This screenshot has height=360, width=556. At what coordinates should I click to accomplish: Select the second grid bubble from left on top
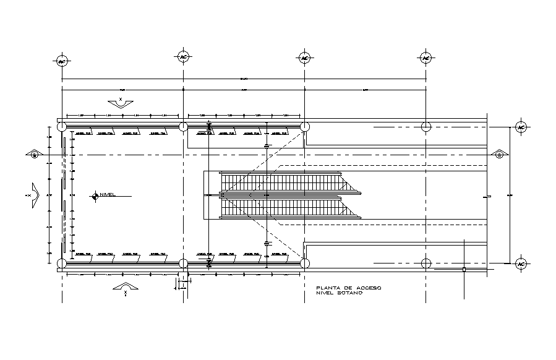tap(183, 58)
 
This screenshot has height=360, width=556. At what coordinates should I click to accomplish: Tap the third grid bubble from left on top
tap(304, 58)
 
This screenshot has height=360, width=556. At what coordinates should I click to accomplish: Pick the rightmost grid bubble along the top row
tap(426, 58)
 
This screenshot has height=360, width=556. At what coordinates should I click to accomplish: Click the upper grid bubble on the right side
tap(521, 127)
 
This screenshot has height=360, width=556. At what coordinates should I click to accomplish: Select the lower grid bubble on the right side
tap(521, 264)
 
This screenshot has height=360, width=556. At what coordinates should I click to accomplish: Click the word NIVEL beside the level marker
tap(108, 195)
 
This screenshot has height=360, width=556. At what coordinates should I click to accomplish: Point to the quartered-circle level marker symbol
tap(95, 196)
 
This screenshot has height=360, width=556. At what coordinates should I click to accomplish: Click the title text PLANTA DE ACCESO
tap(348, 288)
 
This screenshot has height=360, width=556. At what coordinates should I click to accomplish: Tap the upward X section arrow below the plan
tap(125, 288)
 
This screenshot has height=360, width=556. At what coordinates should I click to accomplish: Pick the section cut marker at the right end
tap(498, 154)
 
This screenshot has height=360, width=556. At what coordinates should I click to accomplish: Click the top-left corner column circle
tap(62, 127)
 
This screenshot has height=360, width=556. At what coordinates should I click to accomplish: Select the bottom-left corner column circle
tap(62, 264)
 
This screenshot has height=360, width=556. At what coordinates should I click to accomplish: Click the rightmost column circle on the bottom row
tap(426, 264)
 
